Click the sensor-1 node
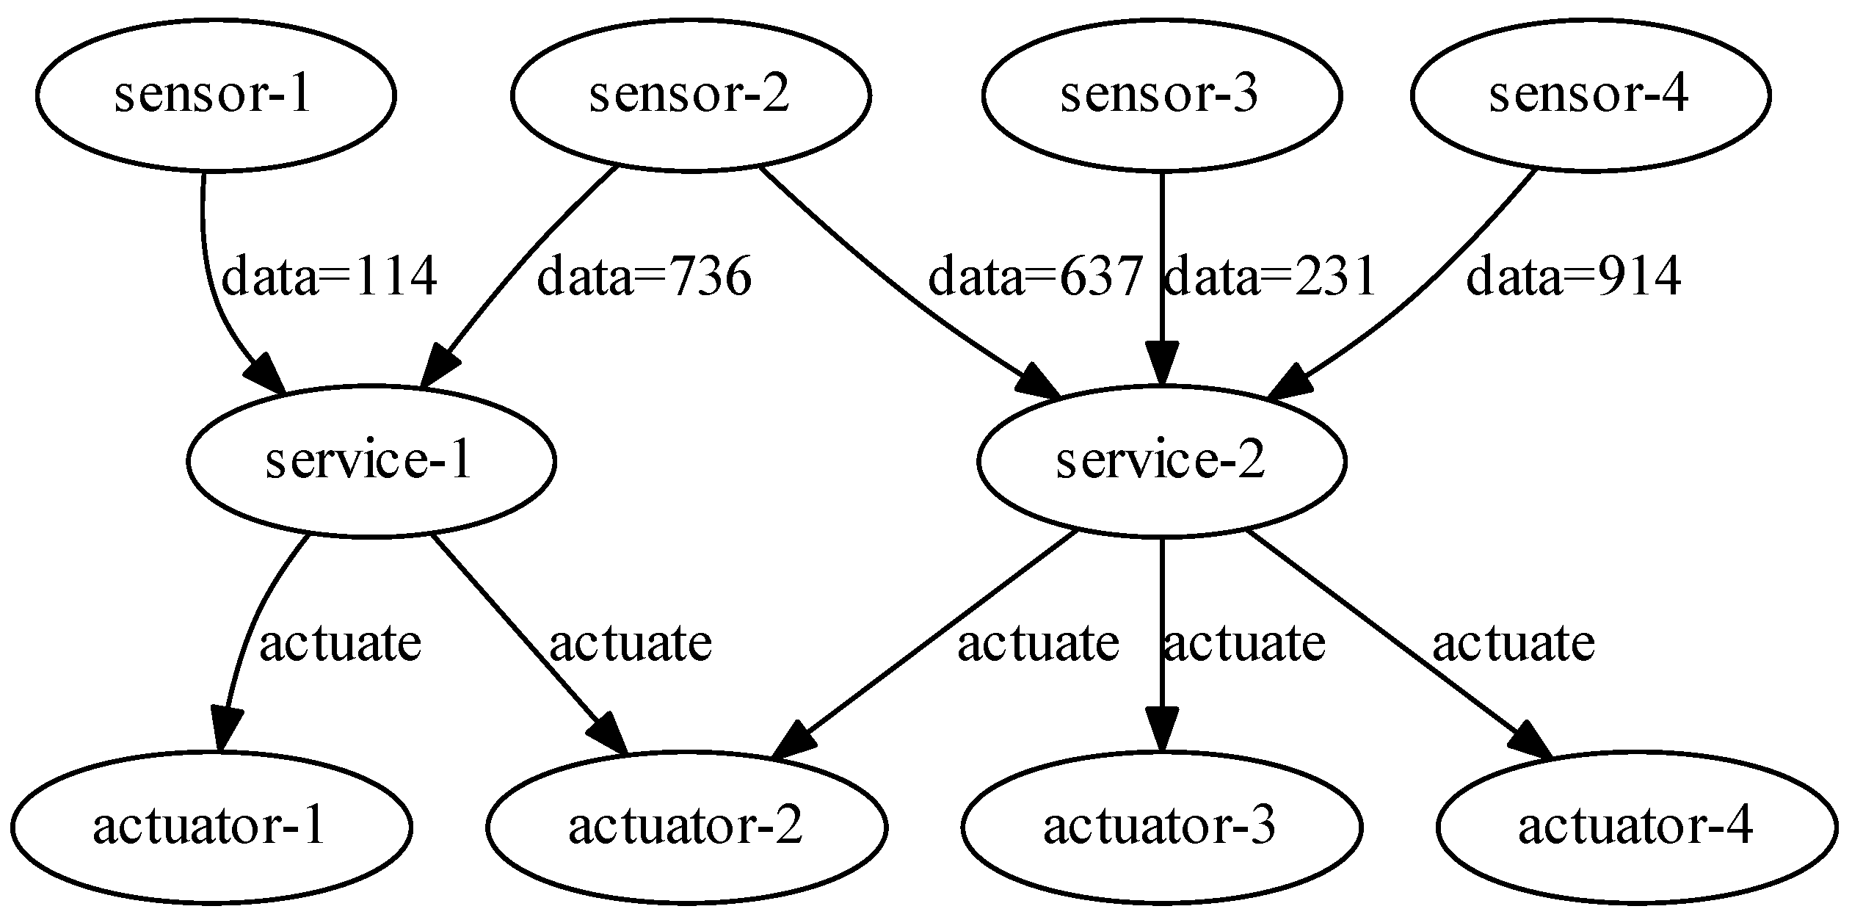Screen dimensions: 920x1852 tap(215, 95)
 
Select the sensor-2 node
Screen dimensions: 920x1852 tap(690, 95)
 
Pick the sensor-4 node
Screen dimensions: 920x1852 tap(1590, 95)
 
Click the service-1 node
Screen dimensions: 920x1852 tap(371, 461)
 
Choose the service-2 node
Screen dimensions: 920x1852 tap(1161, 461)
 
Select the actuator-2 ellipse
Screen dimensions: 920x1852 tap(686, 827)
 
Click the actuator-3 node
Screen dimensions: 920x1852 tap(1161, 827)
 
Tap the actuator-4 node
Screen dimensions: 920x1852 tap(1636, 827)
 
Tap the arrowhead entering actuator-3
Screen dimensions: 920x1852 tap(1161, 729)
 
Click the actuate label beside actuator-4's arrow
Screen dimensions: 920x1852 tap(1514, 643)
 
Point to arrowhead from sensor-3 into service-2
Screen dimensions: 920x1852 tap(1161, 363)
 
